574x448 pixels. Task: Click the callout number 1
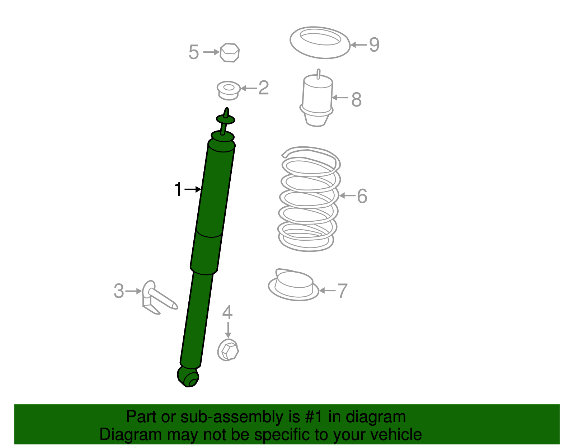178,189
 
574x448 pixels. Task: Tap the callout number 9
374,45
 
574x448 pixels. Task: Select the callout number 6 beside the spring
362,196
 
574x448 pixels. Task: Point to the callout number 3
119,291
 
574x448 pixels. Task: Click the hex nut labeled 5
230,53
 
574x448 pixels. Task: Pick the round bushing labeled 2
229,90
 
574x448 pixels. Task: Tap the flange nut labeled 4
228,350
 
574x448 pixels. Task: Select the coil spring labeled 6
309,199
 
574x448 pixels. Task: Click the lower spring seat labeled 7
293,285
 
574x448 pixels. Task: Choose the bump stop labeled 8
317,100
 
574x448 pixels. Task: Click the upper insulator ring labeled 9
320,42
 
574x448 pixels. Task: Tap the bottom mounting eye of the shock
188,377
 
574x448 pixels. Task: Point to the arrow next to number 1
193,189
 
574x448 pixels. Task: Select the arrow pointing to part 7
327,291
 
